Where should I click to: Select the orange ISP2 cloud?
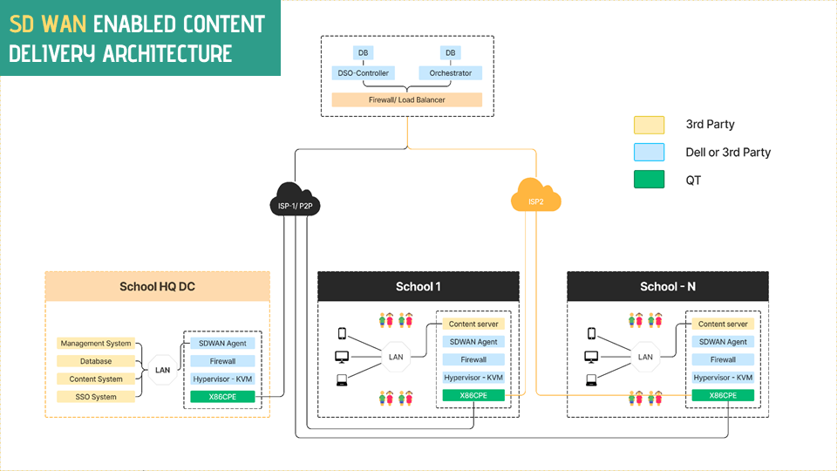tap(535, 196)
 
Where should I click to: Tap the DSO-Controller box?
tap(363, 73)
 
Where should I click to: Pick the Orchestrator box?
tap(450, 73)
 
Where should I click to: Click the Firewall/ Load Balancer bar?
tap(406, 100)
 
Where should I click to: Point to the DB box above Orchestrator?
tap(450, 53)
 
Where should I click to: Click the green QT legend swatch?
tap(650, 180)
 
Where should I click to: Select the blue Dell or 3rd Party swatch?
tap(650, 152)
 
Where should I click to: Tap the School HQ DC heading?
tap(157, 287)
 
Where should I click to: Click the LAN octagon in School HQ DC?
tap(162, 370)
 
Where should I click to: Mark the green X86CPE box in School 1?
tap(473, 395)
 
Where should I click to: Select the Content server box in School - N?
tap(724, 324)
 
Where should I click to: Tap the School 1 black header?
tap(418, 287)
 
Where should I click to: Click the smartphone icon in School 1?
tap(343, 333)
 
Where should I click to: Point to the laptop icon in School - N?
tap(592, 379)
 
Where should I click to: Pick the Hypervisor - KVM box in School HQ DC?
tap(223, 379)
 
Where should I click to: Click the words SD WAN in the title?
tap(44, 24)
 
